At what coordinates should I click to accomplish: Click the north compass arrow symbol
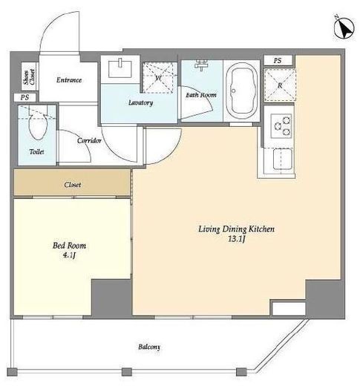(x=344, y=28)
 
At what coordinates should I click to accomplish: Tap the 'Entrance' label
(x=69, y=80)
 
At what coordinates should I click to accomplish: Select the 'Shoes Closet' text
(x=29, y=76)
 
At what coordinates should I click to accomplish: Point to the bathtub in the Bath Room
(x=241, y=91)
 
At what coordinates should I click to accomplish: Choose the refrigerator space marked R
(x=280, y=85)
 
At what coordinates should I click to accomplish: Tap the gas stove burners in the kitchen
(x=281, y=125)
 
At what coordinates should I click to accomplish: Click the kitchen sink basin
(x=282, y=159)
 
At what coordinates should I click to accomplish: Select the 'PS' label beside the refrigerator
(x=278, y=60)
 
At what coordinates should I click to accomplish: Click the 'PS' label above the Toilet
(x=24, y=97)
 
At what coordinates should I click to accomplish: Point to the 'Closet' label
(x=73, y=185)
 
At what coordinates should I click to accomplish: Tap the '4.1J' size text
(x=69, y=255)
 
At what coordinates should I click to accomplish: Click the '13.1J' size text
(x=237, y=239)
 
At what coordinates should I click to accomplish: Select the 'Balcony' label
(x=149, y=347)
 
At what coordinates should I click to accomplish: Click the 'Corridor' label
(x=89, y=140)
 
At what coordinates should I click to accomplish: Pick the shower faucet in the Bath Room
(x=201, y=65)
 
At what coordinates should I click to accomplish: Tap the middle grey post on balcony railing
(x=127, y=372)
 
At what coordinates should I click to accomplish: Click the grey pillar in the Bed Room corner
(x=111, y=298)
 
